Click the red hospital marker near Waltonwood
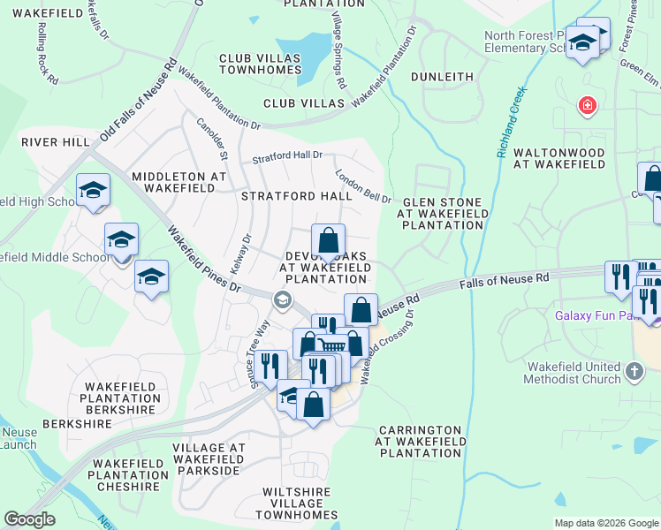(586, 107)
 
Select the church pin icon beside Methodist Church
(634, 372)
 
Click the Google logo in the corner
(29, 519)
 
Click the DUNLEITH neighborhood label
(442, 77)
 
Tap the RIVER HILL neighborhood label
(55, 142)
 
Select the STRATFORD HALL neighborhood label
(297, 196)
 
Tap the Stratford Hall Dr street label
(287, 156)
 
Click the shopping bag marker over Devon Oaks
(328, 240)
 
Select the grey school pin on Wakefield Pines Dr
(282, 299)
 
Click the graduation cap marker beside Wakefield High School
(93, 190)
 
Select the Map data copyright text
(606, 523)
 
